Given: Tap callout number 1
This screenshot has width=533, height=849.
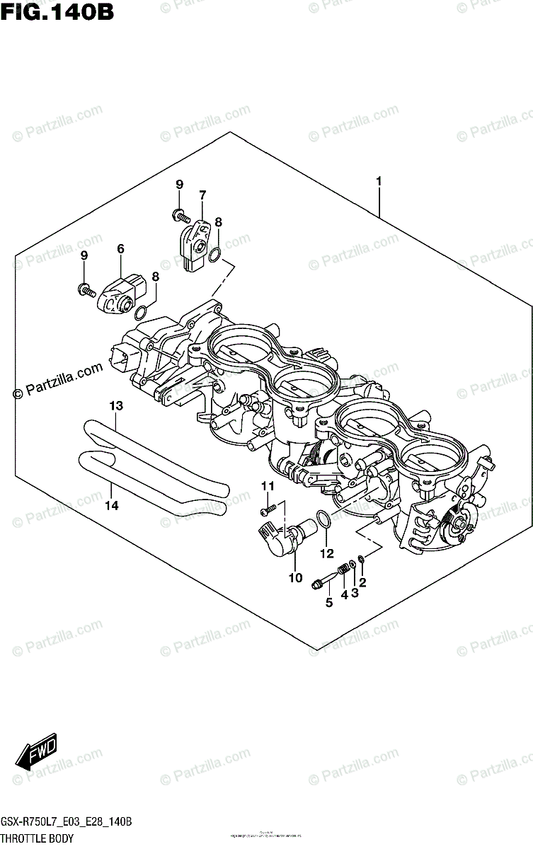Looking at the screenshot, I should point(379,182).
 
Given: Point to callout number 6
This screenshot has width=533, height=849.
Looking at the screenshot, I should point(120,248).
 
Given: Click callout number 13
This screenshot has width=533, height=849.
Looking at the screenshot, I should point(116,405).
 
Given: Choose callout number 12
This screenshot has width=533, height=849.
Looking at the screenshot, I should point(326,553).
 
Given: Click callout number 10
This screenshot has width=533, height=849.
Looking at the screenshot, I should point(295,578).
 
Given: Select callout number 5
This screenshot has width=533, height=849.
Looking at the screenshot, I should point(328,602).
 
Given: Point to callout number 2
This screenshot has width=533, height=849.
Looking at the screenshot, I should point(362,582).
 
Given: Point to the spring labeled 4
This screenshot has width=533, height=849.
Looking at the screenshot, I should point(344,568).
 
